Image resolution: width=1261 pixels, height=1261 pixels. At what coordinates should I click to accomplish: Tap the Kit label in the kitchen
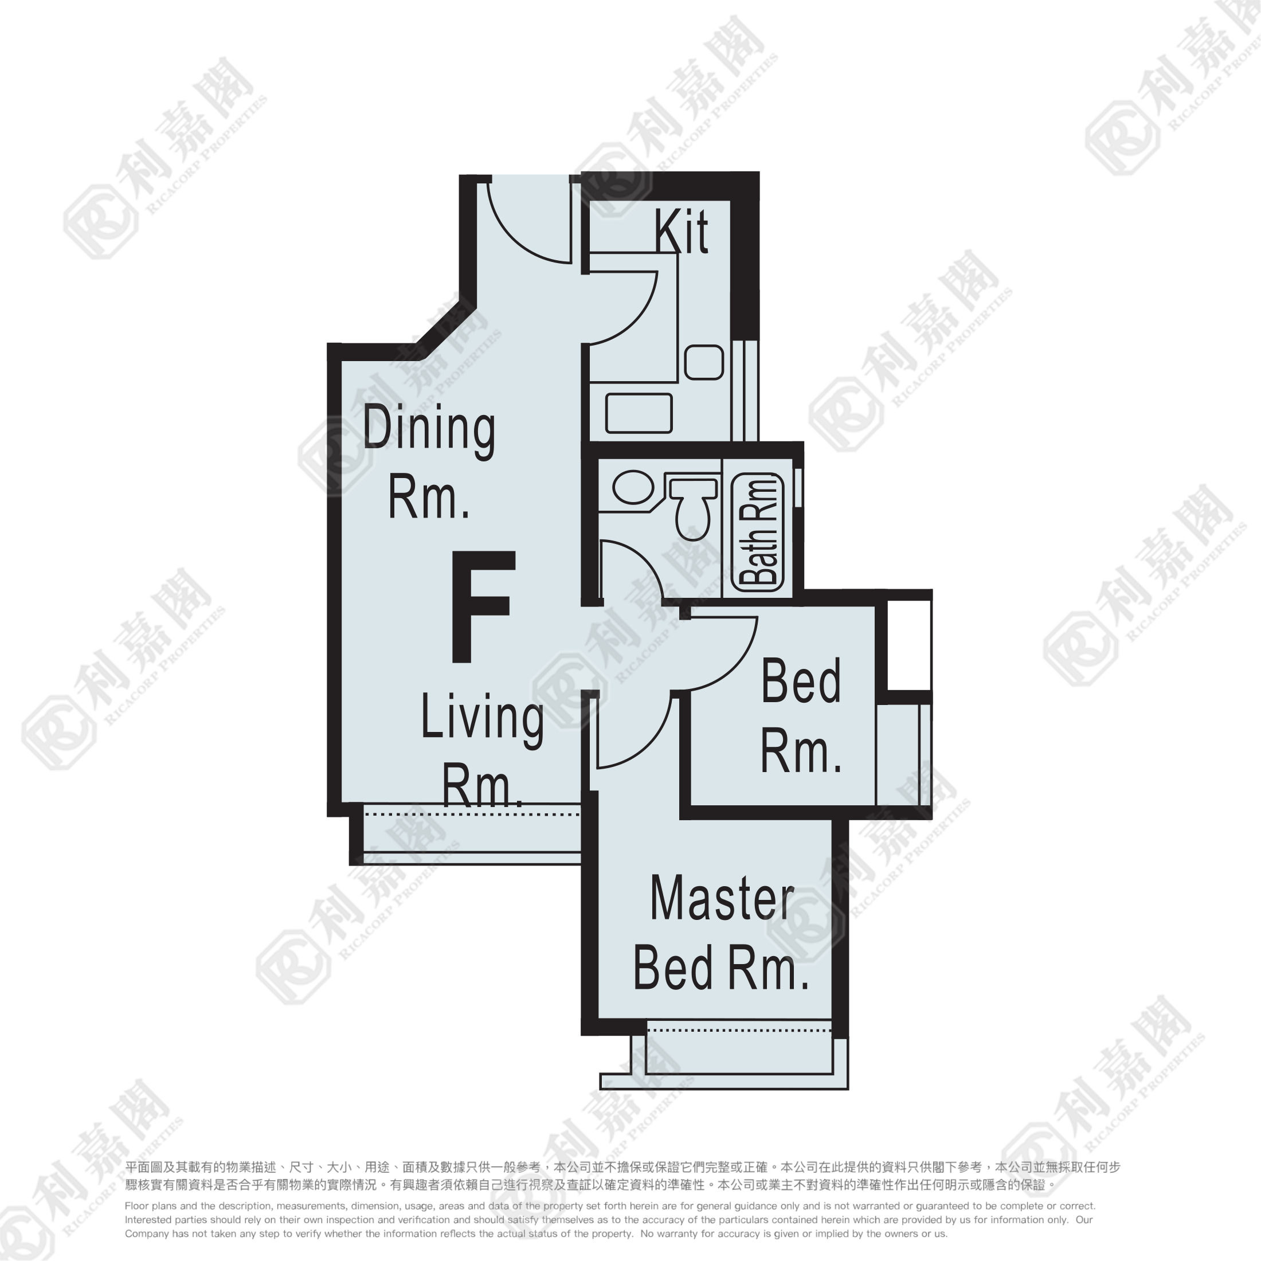[x=682, y=231]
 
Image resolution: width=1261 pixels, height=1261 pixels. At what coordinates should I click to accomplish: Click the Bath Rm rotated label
[x=758, y=532]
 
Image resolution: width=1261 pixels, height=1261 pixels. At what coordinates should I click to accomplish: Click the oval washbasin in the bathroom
[x=633, y=488]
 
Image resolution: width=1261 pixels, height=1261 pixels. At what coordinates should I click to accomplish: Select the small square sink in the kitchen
[x=704, y=362]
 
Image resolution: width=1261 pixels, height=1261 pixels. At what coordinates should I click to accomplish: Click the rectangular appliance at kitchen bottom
[x=639, y=413]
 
